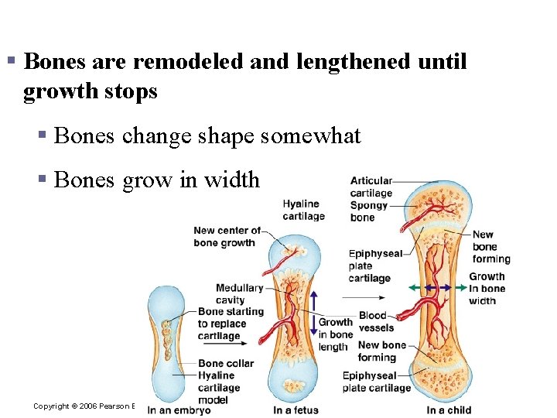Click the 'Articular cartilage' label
pos(371,187)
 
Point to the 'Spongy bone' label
pos(368,211)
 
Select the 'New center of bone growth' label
pos(226,236)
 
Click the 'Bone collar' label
pos(221,363)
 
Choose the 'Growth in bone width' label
pos(487,288)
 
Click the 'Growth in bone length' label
pos(335,334)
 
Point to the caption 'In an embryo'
pos(179,410)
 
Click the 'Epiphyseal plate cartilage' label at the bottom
pos(377,382)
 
